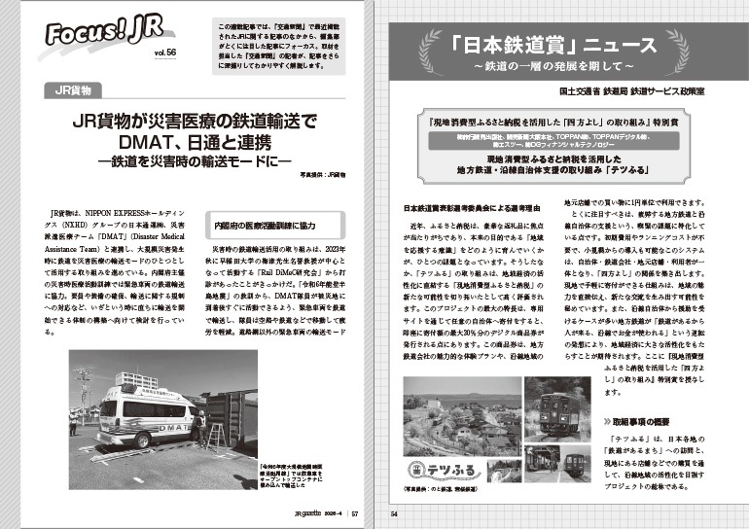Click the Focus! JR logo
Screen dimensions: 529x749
tap(90, 38)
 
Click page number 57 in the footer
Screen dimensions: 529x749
tap(356, 514)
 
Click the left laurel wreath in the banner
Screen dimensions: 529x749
tap(423, 43)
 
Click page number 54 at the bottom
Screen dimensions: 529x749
tap(394, 514)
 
